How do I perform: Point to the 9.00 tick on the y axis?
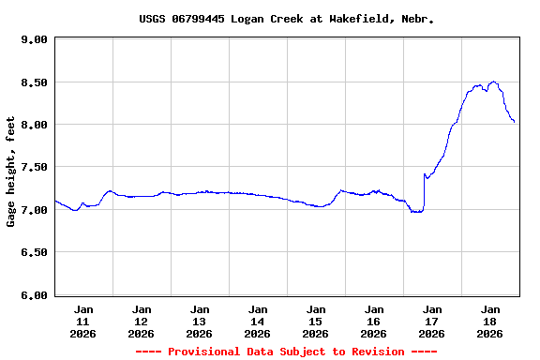pyautogui.click(x=34, y=39)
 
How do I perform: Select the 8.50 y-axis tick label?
pyautogui.click(x=34, y=82)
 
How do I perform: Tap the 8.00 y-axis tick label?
pyautogui.click(x=34, y=125)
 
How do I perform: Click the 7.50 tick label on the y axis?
pyautogui.click(x=34, y=167)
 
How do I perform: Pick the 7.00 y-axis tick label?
pyautogui.click(x=34, y=210)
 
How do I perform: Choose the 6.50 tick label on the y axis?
pyautogui.click(x=34, y=252)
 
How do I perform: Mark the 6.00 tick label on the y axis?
pyautogui.click(x=34, y=295)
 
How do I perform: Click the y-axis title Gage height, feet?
pyautogui.click(x=11, y=172)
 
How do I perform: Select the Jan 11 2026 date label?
pyautogui.click(x=83, y=321)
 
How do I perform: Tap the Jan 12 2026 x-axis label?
pyautogui.click(x=142, y=321)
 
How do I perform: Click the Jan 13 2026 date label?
pyautogui.click(x=200, y=321)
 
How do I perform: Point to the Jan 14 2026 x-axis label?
pyautogui.click(x=258, y=321)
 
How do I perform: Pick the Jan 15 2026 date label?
pyautogui.click(x=316, y=321)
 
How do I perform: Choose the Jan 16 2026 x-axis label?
pyautogui.click(x=374, y=321)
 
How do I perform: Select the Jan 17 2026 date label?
pyautogui.click(x=432, y=321)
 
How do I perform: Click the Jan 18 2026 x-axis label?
pyautogui.click(x=490, y=321)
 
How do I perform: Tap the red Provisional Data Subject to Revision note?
pyautogui.click(x=286, y=352)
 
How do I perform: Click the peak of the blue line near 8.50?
pyautogui.click(x=493, y=82)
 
